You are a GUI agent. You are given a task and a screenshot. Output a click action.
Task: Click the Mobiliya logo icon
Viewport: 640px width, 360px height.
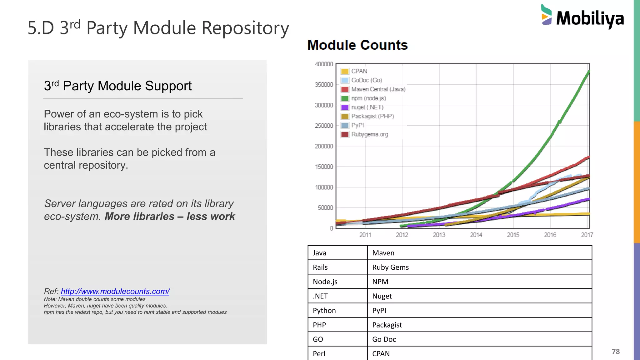547,15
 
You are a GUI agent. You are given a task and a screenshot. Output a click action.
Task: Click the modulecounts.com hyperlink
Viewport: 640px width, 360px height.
115,291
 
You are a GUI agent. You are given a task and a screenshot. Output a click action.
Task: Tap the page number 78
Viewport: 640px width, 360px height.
616,352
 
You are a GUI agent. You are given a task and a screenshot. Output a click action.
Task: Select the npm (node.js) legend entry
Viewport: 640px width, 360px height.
368,98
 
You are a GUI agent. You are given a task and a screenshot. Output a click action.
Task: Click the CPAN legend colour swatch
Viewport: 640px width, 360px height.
345,71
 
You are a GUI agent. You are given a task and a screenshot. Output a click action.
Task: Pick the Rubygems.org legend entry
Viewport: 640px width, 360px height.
369,134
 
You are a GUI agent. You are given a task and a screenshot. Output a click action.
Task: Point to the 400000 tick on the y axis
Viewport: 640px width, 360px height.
324,64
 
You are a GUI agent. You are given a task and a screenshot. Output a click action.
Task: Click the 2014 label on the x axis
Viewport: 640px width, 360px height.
476,235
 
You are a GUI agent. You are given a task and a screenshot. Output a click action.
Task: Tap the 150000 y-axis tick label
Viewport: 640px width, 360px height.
324,167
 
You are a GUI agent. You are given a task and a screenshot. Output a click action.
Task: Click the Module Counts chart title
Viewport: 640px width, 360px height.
357,45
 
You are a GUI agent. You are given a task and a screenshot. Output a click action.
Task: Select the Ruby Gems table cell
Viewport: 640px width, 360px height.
390,267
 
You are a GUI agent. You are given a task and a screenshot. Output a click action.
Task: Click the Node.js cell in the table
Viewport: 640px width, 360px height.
325,282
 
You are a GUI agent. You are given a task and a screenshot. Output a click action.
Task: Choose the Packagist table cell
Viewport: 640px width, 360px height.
387,325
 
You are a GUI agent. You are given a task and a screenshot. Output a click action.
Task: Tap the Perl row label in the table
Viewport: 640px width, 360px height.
319,354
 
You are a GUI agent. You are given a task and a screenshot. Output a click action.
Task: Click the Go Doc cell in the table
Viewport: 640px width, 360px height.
384,339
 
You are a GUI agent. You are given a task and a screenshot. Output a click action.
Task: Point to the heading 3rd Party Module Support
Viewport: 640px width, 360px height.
118,86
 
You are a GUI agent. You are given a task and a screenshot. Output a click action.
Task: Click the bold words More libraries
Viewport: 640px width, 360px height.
139,217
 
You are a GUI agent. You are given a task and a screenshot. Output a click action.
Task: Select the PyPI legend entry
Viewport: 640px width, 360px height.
357,125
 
